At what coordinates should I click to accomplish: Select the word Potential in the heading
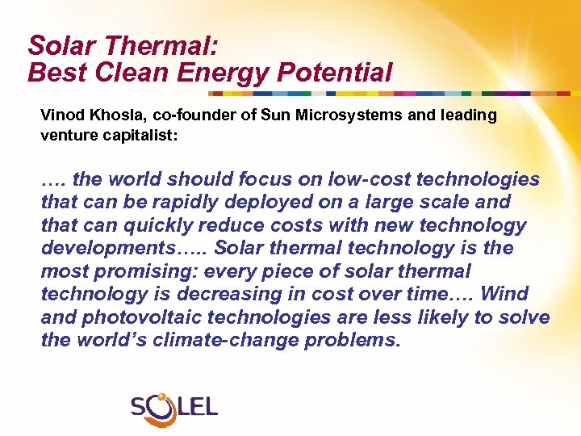[335, 73]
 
